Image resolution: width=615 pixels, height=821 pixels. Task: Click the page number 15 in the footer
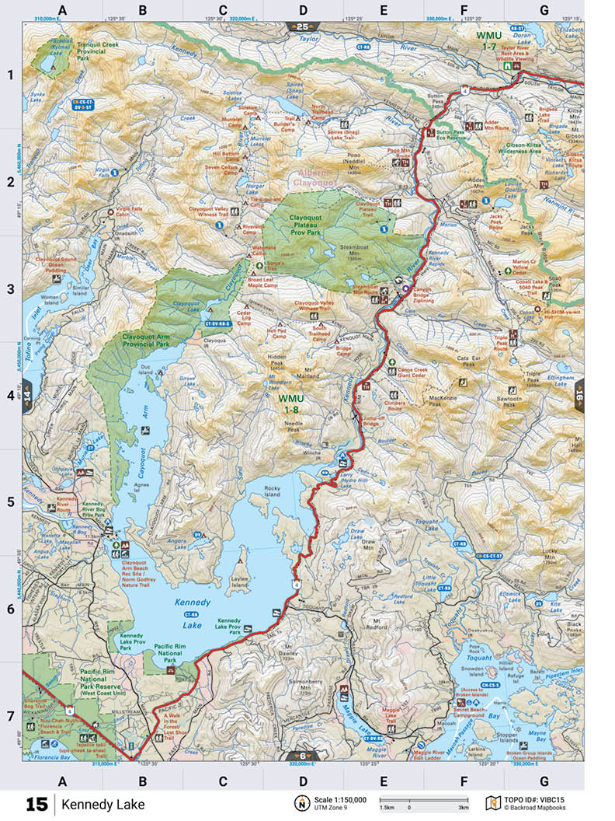[36, 804]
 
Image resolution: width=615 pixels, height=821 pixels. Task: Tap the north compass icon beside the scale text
[300, 803]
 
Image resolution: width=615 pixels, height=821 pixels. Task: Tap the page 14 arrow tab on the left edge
[29, 395]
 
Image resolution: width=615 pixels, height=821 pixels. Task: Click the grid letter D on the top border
[303, 10]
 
